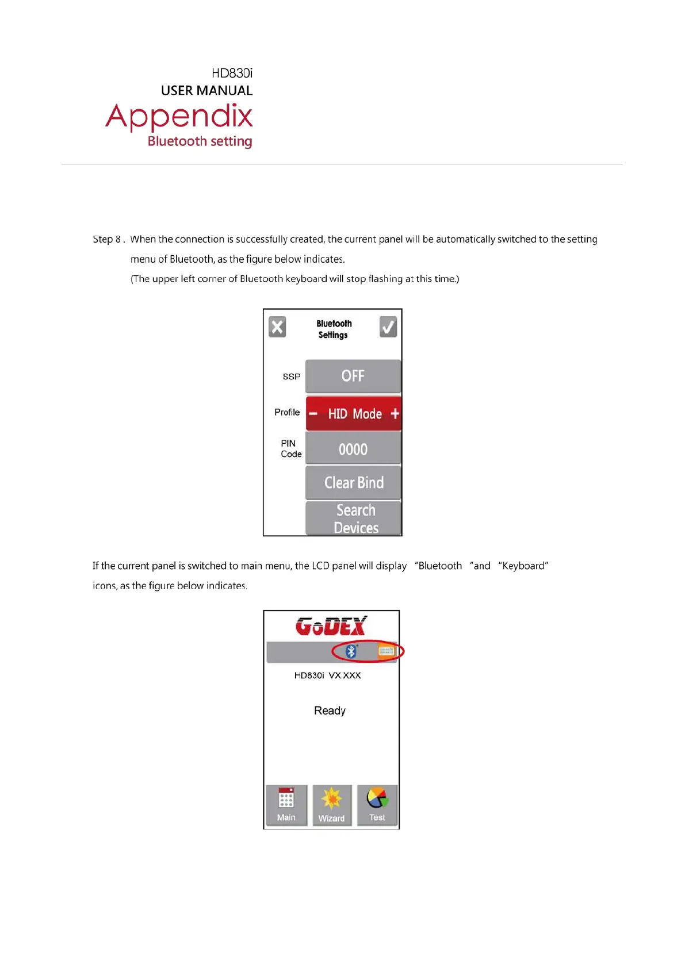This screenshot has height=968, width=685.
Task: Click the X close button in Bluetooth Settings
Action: pyautogui.click(x=277, y=327)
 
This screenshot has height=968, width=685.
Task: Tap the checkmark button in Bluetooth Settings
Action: pyautogui.click(x=388, y=327)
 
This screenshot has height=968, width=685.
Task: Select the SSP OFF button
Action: pyautogui.click(x=353, y=376)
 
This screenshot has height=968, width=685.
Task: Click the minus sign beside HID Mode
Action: pyautogui.click(x=313, y=413)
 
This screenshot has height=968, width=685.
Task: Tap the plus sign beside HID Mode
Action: pyautogui.click(x=395, y=413)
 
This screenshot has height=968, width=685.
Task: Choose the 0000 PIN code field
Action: pyautogui.click(x=353, y=449)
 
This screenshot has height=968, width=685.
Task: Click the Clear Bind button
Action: pyautogui.click(x=353, y=483)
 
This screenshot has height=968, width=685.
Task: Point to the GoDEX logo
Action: pyautogui.click(x=331, y=626)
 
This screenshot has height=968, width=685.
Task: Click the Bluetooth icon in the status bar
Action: pyautogui.click(x=351, y=651)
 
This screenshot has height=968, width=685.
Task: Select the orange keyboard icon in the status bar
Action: pyautogui.click(x=385, y=651)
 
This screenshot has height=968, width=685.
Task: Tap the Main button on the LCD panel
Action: pyautogui.click(x=286, y=805)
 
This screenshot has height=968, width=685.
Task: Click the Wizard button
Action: pyautogui.click(x=331, y=805)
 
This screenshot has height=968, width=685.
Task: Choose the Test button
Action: pyautogui.click(x=377, y=805)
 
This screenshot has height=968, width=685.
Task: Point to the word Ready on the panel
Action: pyautogui.click(x=330, y=711)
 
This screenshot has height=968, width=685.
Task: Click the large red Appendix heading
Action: pyautogui.click(x=179, y=117)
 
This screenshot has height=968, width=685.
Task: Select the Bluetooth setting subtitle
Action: pyautogui.click(x=200, y=141)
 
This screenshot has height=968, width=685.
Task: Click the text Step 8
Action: pyautogui.click(x=107, y=239)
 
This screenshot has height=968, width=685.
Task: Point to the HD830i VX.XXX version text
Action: pyautogui.click(x=327, y=675)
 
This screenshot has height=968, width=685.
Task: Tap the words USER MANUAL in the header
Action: pyautogui.click(x=206, y=91)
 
